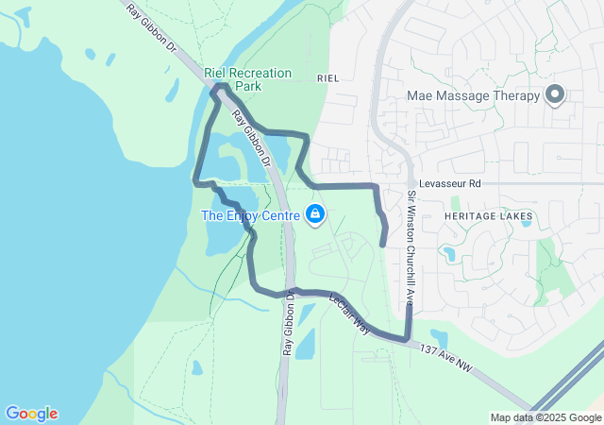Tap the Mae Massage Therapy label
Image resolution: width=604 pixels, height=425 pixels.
pos(473,95)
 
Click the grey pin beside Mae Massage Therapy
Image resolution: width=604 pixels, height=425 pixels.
pos(555,94)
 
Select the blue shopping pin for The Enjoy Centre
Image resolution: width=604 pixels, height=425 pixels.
pos(316,215)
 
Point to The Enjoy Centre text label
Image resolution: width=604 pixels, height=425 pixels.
pos(250,216)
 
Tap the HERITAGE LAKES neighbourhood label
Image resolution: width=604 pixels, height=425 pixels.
pos(488,216)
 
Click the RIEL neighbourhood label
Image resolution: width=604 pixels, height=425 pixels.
pos(328,77)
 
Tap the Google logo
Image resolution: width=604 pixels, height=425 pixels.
pos(31,414)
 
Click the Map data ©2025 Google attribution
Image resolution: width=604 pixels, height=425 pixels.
pos(545,417)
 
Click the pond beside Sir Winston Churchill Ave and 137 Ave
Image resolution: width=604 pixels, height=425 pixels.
pos(438,337)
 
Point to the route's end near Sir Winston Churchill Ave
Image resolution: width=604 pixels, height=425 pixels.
pos(383,244)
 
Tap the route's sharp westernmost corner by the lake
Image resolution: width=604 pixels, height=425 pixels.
pos(196,180)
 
